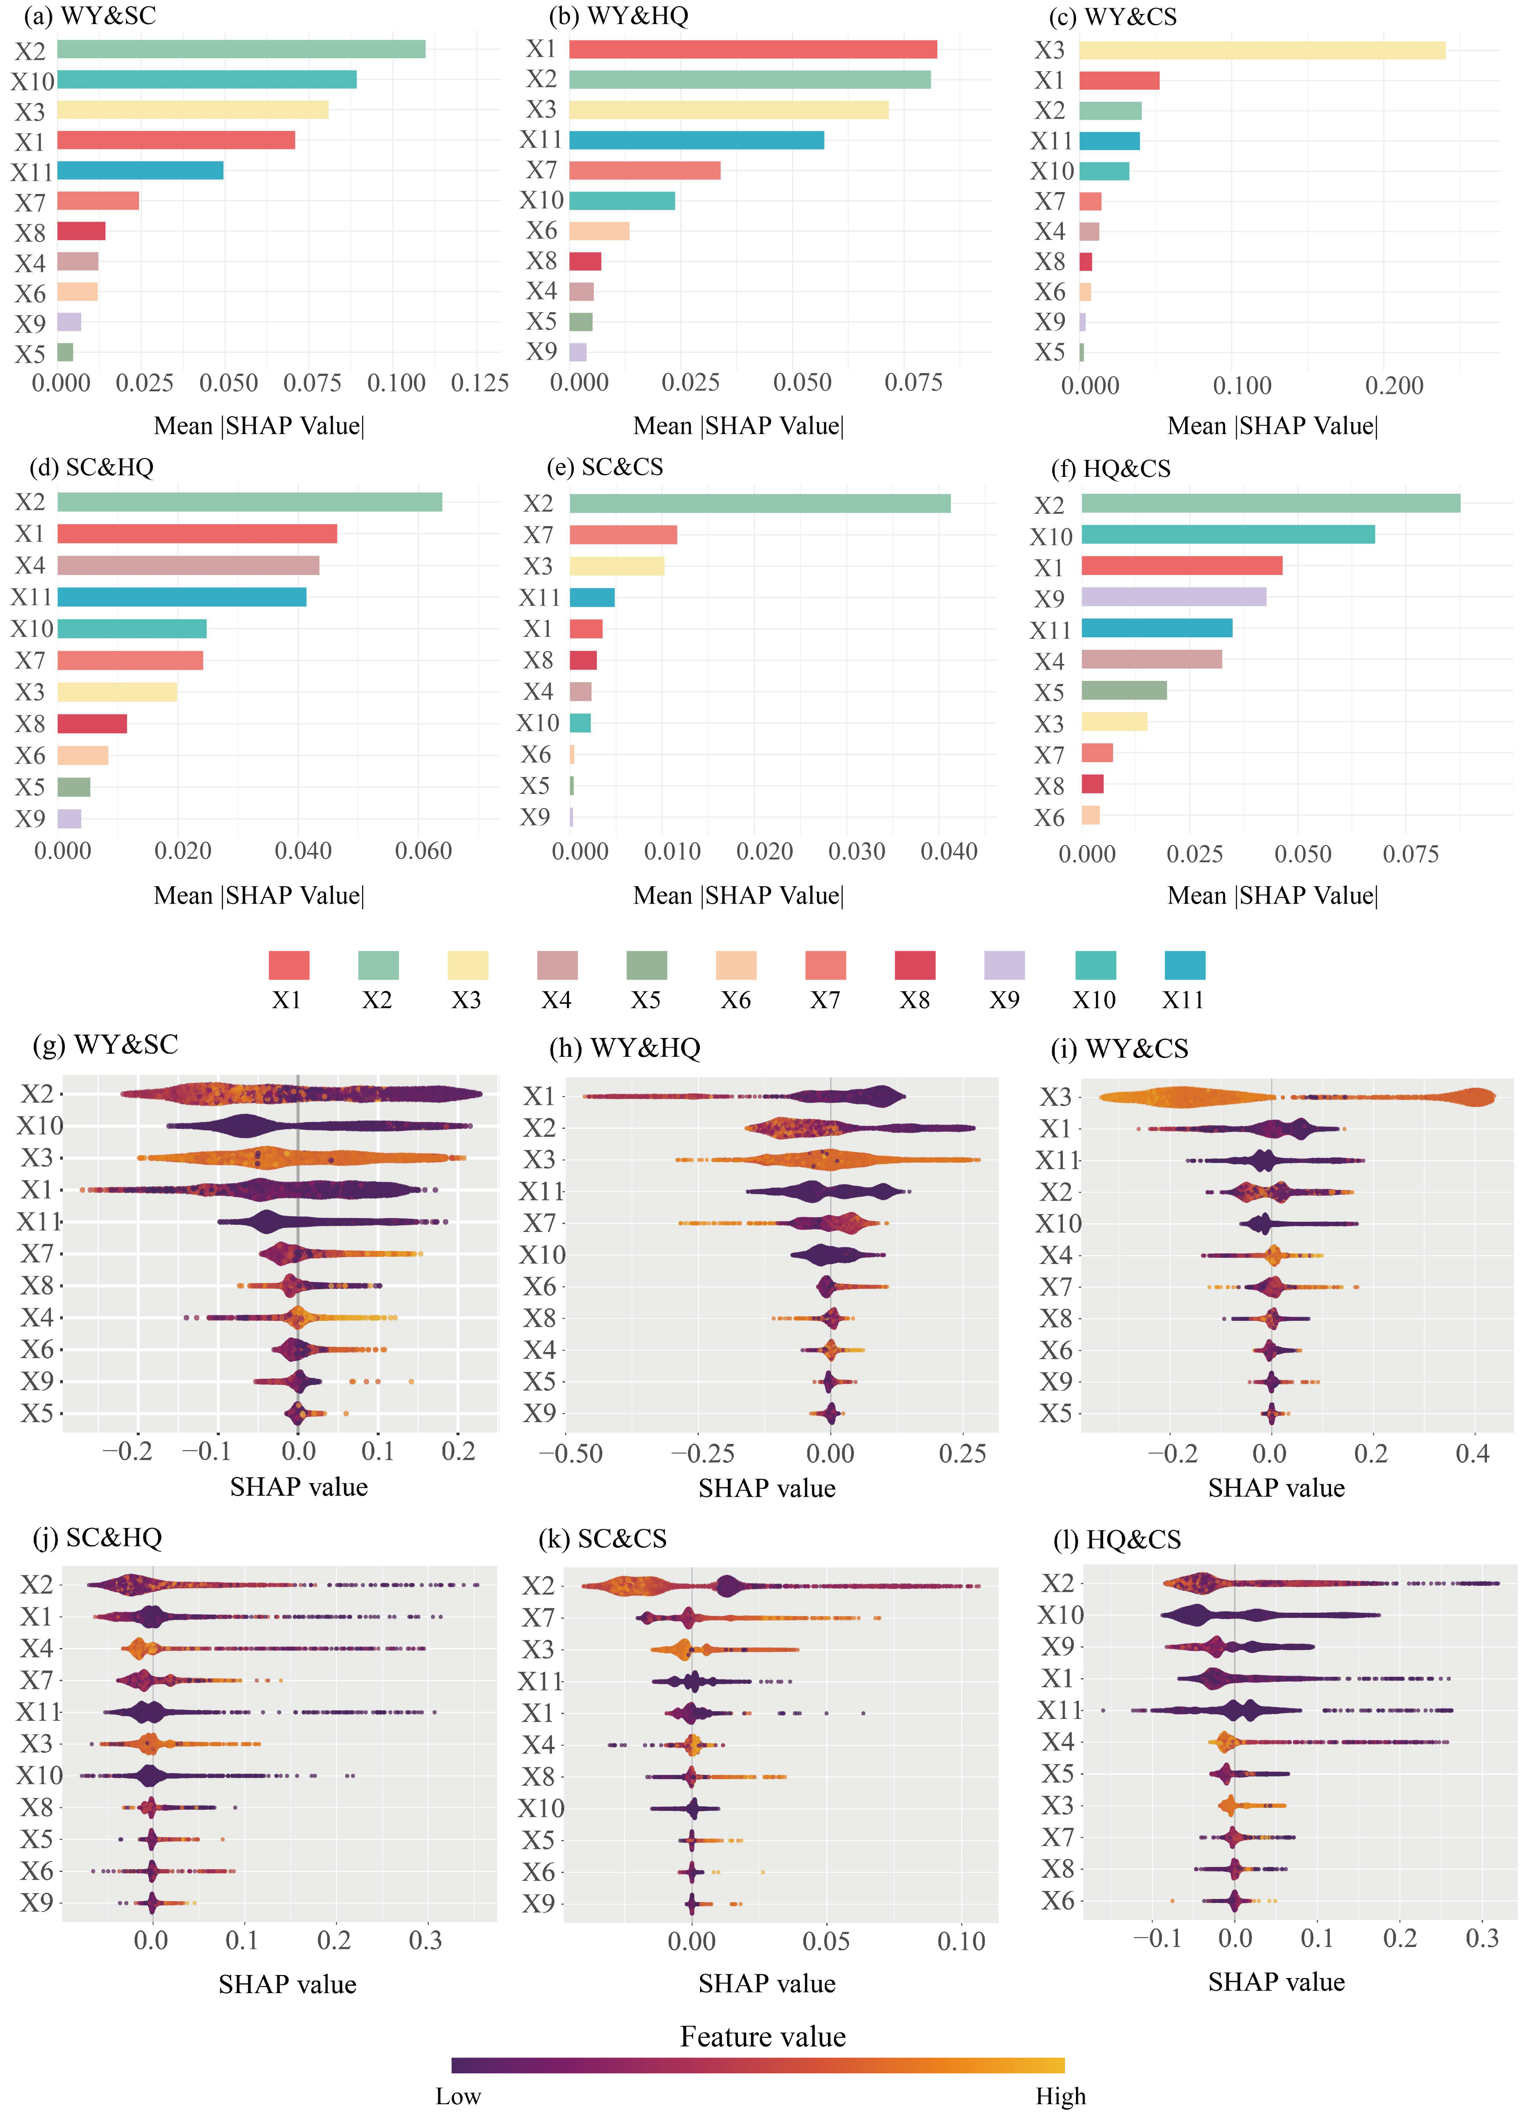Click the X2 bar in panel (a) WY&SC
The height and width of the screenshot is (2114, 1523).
coord(241,49)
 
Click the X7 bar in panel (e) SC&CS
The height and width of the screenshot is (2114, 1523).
coord(623,535)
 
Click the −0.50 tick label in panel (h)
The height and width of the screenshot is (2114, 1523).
coord(570,1454)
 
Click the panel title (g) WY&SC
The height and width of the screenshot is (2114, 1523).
coord(105,1045)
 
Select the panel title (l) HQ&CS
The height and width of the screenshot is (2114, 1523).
coord(1117,1540)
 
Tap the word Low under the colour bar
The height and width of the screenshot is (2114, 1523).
coord(457,2096)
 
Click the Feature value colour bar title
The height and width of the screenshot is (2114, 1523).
coord(762,2037)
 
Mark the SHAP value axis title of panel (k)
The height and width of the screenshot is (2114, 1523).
coord(766,1984)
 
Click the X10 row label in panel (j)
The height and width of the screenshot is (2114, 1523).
coord(39,1776)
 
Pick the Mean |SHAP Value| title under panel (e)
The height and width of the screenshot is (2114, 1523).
coord(738,896)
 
